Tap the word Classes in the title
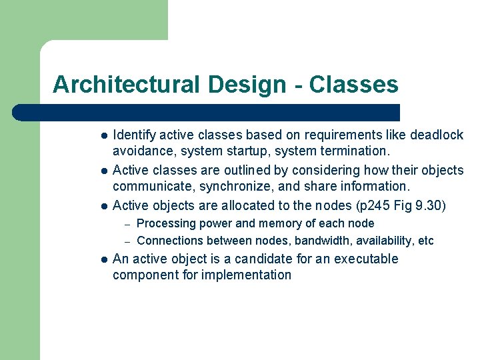pos(353,85)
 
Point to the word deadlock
pos(437,135)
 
